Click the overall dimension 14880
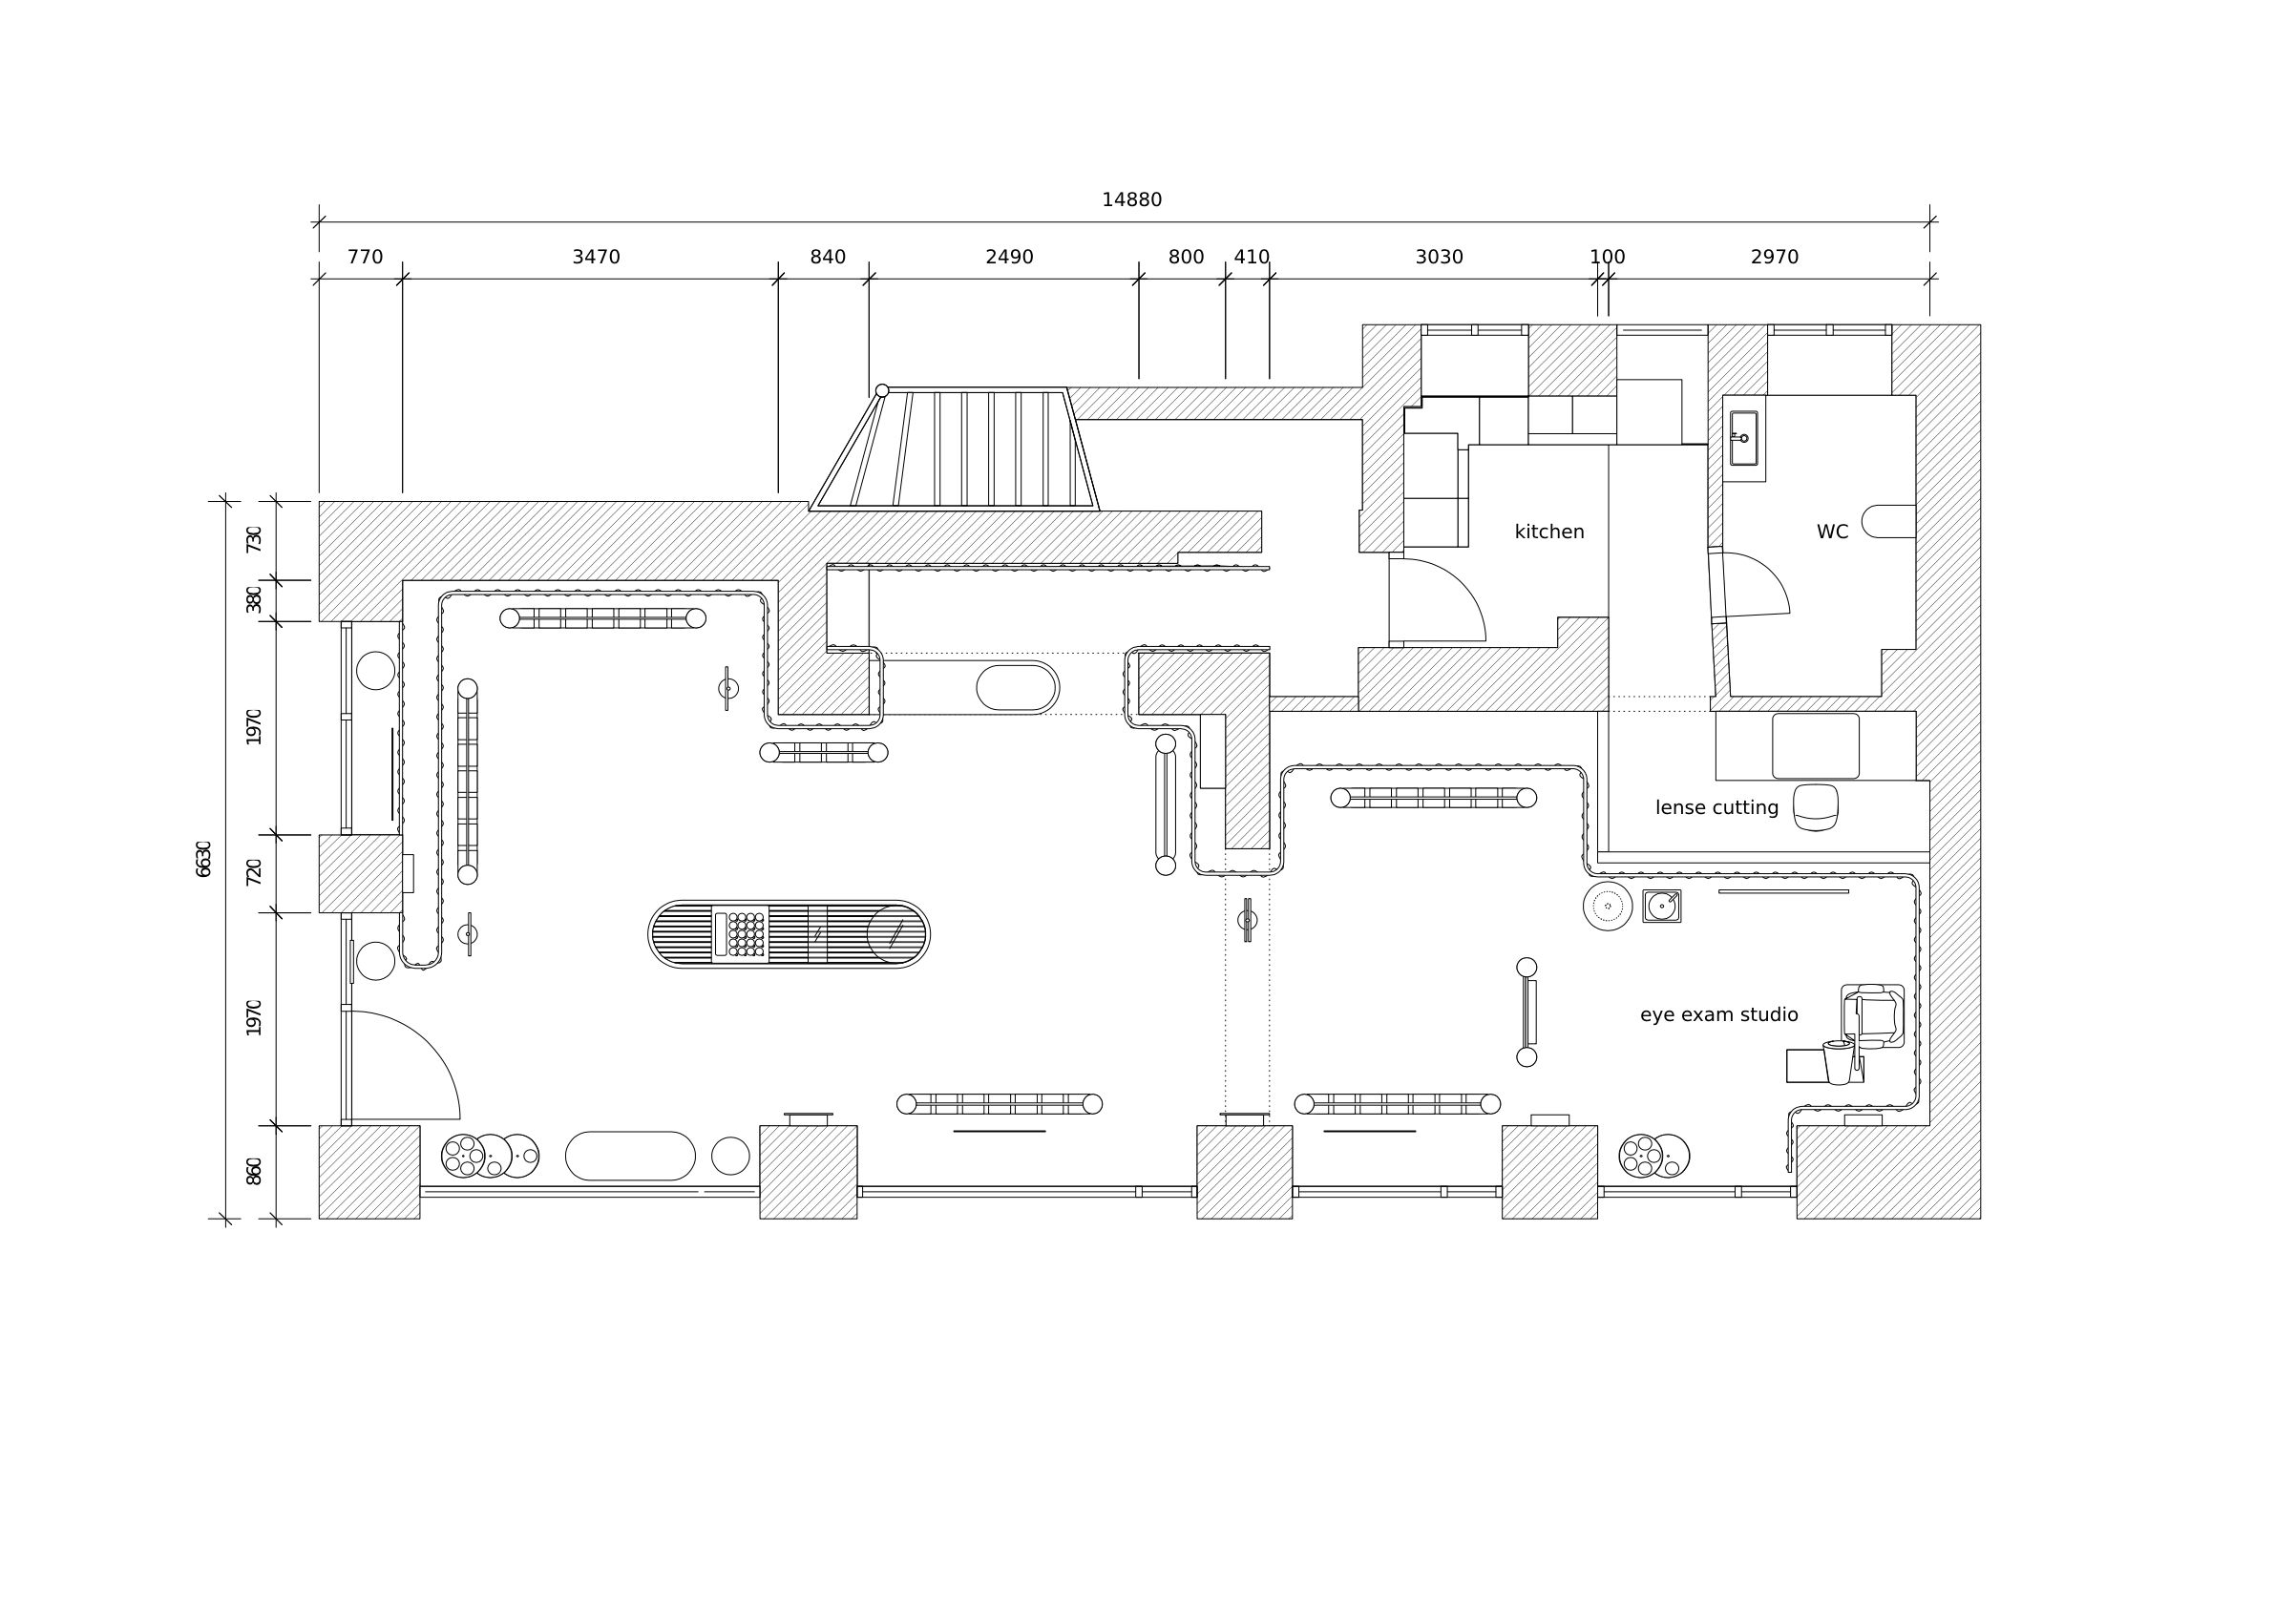click(x=1131, y=200)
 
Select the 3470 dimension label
click(x=596, y=258)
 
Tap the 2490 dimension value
click(x=1008, y=258)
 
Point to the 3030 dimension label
click(x=1438, y=258)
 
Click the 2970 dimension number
click(x=1774, y=258)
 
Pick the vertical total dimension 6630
click(x=203, y=859)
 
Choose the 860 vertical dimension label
click(x=254, y=1170)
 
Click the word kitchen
click(x=1549, y=532)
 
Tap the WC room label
click(x=1831, y=532)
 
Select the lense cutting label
click(x=1716, y=808)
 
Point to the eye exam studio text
click(x=1718, y=1015)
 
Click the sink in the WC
click(x=1743, y=438)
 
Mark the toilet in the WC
click(x=1888, y=522)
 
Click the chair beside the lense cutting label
click(x=1816, y=807)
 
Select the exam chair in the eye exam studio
click(x=1872, y=1017)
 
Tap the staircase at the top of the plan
click(x=955, y=449)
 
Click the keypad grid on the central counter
click(x=746, y=933)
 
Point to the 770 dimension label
click(x=365, y=258)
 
